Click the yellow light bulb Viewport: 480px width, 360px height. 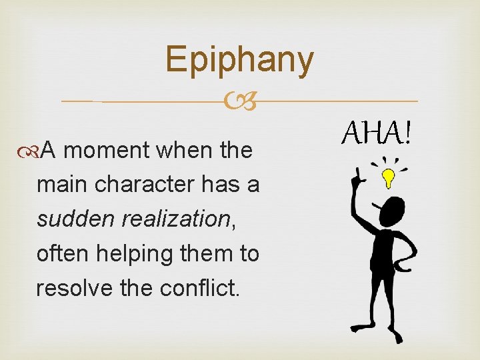pyautogui.click(x=387, y=177)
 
